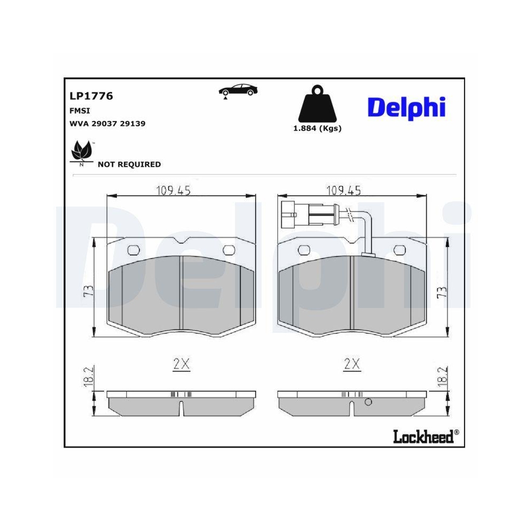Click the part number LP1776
click(x=91, y=96)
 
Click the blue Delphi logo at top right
click(x=406, y=107)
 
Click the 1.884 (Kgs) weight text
click(x=317, y=128)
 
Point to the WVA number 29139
click(x=133, y=123)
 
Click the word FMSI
click(x=80, y=110)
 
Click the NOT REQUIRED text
click(x=129, y=165)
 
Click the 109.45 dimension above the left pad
click(x=173, y=190)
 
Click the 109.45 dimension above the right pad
click(x=344, y=190)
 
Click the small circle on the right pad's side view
click(x=368, y=402)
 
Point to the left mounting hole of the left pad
click(x=134, y=250)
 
